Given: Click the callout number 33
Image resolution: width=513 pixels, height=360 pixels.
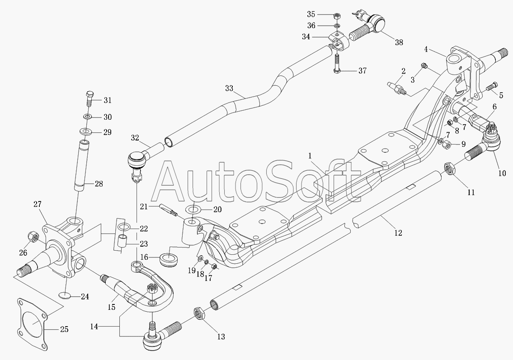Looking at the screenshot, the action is pyautogui.click(x=229, y=88).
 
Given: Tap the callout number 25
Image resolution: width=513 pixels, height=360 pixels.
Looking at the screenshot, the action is pyautogui.click(x=64, y=329).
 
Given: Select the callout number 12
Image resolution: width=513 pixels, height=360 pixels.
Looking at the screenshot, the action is pyautogui.click(x=398, y=233).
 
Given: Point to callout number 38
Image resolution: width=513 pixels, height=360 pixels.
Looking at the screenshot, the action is pyautogui.click(x=399, y=42).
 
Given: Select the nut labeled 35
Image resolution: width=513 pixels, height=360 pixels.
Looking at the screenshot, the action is pyautogui.click(x=337, y=15).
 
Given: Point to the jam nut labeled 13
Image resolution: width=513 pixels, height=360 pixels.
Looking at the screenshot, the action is pyautogui.click(x=199, y=314).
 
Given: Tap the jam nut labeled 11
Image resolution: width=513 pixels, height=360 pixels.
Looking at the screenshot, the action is pyautogui.click(x=449, y=169).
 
